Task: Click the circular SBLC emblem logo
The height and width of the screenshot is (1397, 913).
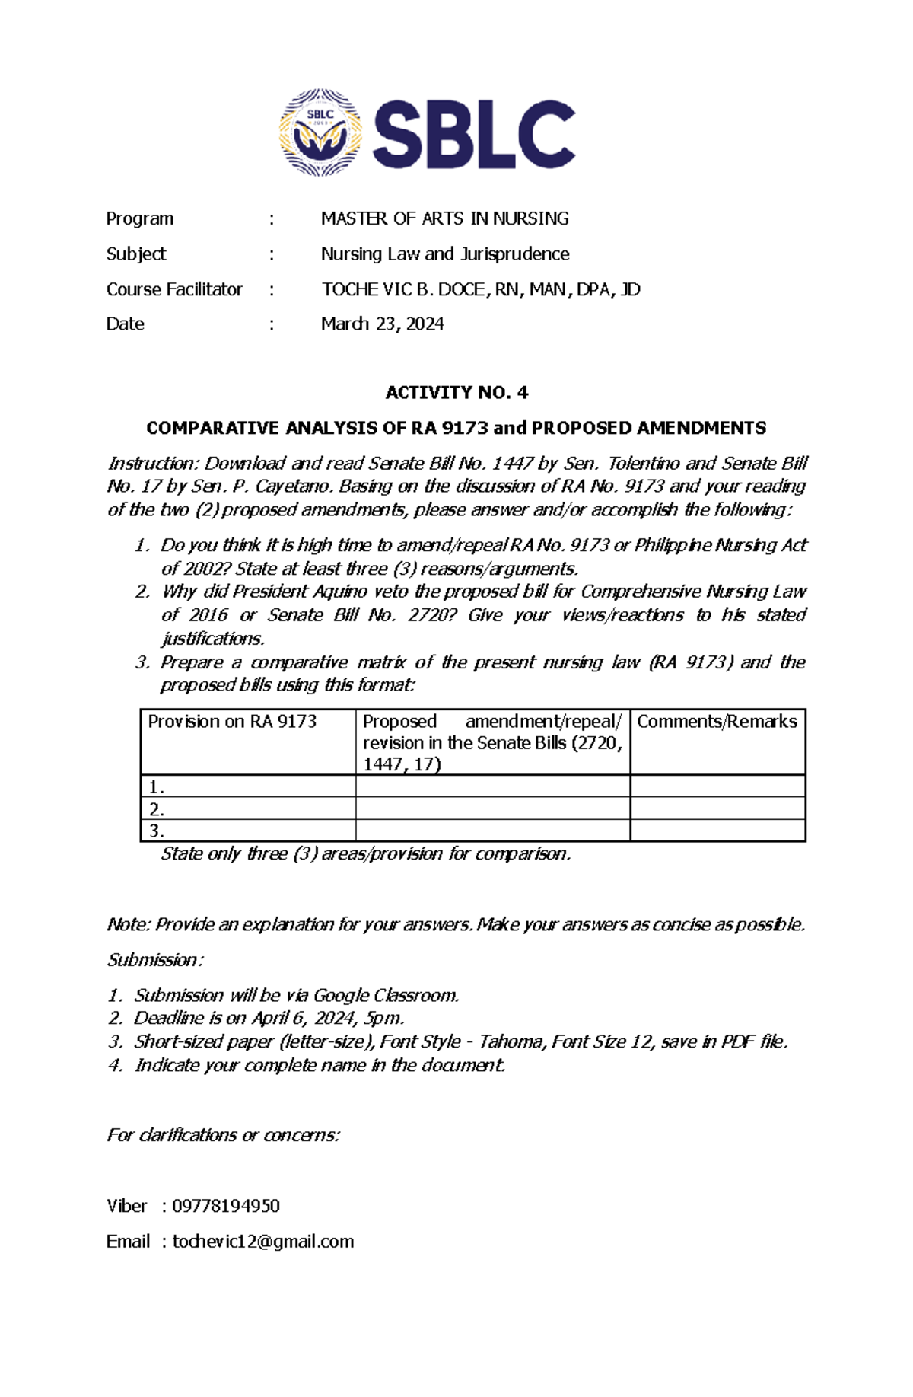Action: click(x=320, y=133)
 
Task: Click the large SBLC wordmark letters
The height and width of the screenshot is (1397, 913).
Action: click(x=473, y=136)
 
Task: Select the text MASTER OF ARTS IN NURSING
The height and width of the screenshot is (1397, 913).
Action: click(x=444, y=218)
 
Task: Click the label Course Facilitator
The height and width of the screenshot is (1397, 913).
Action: click(x=174, y=289)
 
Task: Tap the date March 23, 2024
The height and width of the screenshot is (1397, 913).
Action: click(x=382, y=324)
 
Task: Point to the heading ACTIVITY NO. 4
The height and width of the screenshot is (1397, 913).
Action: click(x=456, y=392)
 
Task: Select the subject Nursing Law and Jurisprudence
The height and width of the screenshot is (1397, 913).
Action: click(x=444, y=254)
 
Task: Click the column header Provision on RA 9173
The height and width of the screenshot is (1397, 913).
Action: click(x=232, y=721)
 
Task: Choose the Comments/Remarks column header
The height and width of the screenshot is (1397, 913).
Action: click(x=717, y=721)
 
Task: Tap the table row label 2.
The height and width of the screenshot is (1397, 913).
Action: click(x=157, y=809)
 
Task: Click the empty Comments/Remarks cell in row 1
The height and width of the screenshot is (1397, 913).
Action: click(x=717, y=786)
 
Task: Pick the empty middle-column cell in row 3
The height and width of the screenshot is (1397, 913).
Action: click(x=492, y=831)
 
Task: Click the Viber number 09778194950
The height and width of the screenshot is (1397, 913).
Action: click(x=226, y=1206)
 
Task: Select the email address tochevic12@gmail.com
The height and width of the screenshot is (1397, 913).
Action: click(x=263, y=1242)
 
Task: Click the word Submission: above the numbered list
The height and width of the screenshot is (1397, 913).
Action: click(x=155, y=959)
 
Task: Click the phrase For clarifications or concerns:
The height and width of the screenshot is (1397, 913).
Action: click(x=223, y=1135)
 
